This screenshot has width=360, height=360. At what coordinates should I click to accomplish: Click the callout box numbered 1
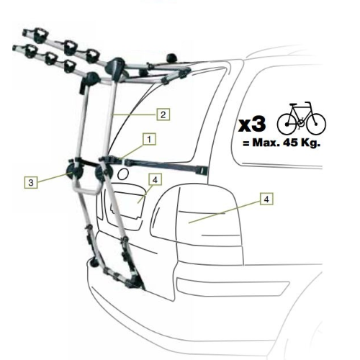point(149,139)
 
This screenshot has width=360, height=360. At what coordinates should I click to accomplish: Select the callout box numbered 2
point(163,114)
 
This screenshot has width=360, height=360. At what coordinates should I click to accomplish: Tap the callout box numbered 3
point(31,182)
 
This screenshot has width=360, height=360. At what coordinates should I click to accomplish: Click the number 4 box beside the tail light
point(266,199)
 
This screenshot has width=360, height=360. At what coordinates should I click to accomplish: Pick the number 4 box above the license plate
point(156,179)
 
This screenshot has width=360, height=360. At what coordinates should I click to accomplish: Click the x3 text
point(252,125)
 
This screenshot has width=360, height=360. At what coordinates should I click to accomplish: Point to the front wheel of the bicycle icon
point(316,125)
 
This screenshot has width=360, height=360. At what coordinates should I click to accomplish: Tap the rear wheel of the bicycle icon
point(287,125)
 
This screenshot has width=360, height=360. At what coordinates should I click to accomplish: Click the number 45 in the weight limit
point(290,143)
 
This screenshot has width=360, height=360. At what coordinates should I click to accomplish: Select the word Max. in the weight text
point(266,143)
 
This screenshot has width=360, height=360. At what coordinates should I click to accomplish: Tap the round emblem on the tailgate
point(123,174)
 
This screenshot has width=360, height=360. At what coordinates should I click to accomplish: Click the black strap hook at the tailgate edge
point(203,170)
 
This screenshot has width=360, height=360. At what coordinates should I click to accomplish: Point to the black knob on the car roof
point(172,58)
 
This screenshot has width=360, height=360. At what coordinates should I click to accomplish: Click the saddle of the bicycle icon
point(294,104)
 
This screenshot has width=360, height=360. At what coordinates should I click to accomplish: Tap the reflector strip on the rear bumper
point(233,287)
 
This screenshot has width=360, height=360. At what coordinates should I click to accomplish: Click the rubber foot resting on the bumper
point(92,263)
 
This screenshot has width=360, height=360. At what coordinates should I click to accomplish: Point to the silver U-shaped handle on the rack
point(86,189)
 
